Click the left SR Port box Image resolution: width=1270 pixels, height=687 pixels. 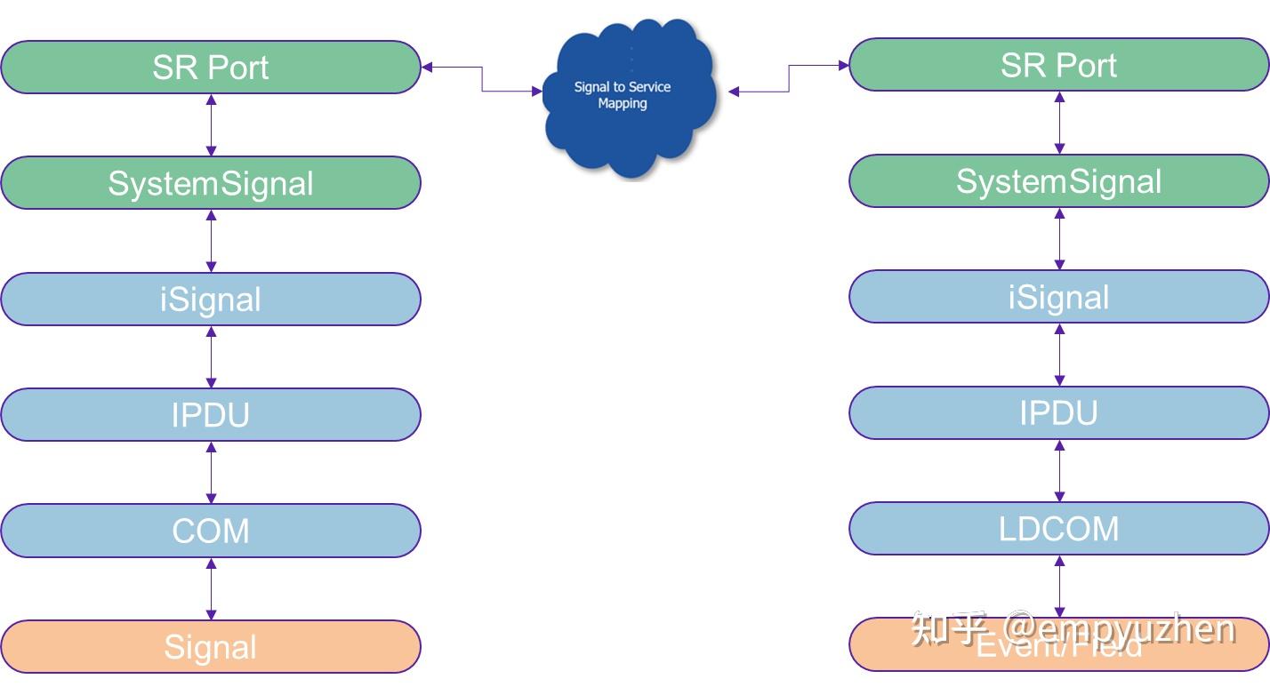210,68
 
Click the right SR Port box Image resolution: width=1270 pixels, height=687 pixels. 1058,65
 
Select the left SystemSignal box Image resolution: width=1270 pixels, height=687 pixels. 210,183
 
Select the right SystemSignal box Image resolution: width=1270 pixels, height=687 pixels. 1058,181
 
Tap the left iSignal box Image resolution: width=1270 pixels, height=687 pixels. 210,300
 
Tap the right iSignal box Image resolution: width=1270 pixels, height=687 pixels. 1058,297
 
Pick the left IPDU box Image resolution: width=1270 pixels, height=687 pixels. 210,415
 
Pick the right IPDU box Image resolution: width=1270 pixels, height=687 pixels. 1058,413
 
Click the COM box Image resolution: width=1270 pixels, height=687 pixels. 210,531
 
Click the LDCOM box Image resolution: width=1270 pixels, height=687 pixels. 1058,529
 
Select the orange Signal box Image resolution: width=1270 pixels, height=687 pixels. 210,647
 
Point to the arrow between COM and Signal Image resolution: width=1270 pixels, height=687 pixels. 211,588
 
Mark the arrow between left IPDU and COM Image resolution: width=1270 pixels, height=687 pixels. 211,473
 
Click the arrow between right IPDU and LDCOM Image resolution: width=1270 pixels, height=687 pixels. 1059,471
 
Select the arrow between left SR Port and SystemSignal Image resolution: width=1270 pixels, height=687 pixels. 211,125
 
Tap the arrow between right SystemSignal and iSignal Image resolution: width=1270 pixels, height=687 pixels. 1059,239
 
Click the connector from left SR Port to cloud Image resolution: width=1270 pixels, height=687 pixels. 482,79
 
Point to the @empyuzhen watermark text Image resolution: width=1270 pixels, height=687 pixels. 1121,628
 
